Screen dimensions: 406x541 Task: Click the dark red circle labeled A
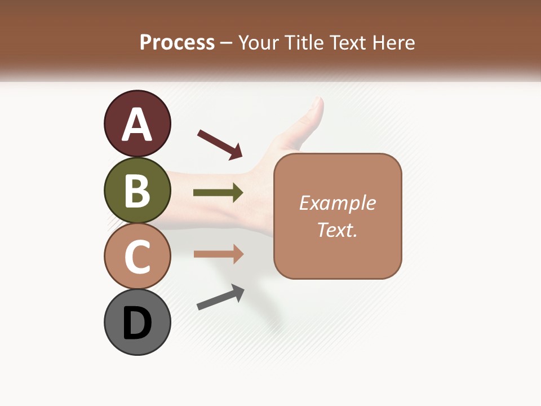pyautogui.click(x=137, y=123)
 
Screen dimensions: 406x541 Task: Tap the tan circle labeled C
pyautogui.click(x=137, y=256)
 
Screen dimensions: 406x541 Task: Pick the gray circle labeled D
pyautogui.click(x=137, y=322)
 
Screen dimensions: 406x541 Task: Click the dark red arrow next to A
pyautogui.click(x=220, y=144)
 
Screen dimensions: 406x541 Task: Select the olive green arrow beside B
pyautogui.click(x=218, y=193)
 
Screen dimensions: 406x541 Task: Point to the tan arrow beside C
pyautogui.click(x=218, y=254)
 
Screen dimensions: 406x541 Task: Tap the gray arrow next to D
pyautogui.click(x=220, y=297)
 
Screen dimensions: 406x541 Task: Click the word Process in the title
pyautogui.click(x=177, y=43)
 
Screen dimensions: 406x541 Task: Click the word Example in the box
pyautogui.click(x=337, y=203)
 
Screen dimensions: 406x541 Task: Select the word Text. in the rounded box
pyautogui.click(x=337, y=230)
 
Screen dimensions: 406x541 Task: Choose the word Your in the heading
pyautogui.click(x=259, y=43)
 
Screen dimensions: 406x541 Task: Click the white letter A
pyautogui.click(x=137, y=125)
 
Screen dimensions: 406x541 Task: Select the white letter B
pyautogui.click(x=137, y=191)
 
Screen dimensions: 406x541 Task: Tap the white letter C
pyautogui.click(x=137, y=257)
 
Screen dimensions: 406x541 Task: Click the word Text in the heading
pyautogui.click(x=347, y=43)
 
